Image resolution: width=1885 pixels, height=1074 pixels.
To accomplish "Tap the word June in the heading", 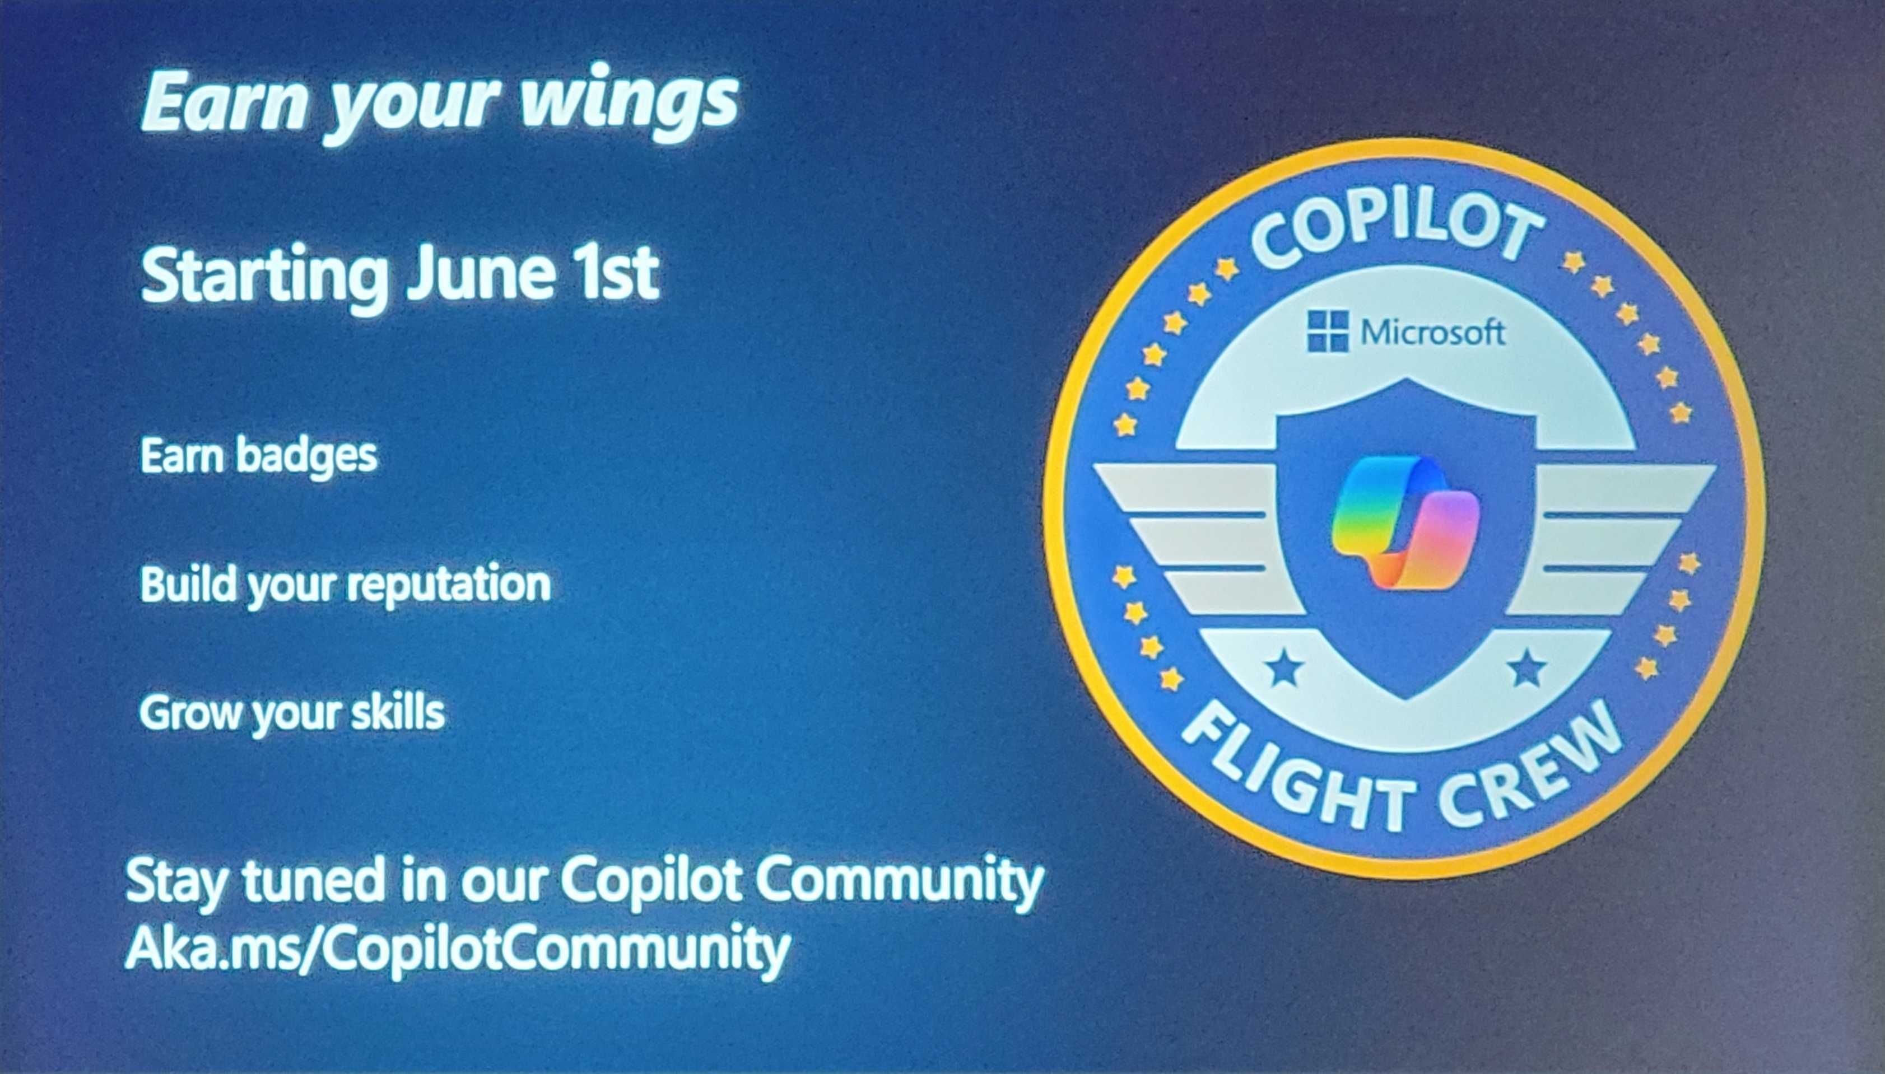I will coord(480,274).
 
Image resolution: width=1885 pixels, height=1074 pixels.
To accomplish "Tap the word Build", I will coord(186,583).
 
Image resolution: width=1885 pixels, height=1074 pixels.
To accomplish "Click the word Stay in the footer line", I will coord(174,881).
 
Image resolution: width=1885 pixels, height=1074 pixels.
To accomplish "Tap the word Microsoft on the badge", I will coord(1432,333).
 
